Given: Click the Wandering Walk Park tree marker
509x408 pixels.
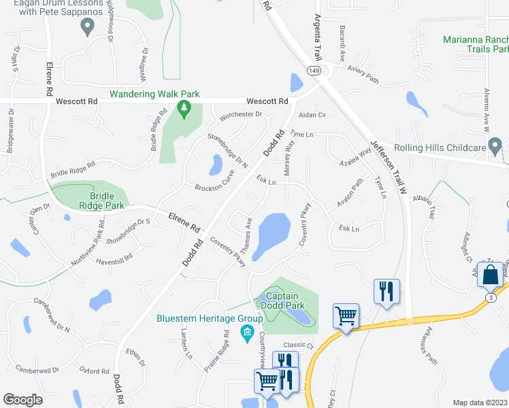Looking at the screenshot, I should click(182, 107).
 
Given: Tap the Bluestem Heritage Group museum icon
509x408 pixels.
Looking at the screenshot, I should click(247, 332).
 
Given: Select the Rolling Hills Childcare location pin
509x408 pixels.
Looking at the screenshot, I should click(495, 146).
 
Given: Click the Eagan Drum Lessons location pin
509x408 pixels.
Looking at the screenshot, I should click(87, 27).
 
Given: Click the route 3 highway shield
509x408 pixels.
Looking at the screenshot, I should click(490, 298).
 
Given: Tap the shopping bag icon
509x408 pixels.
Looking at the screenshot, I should click(490, 275).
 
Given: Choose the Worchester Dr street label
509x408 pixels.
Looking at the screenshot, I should click(240, 114).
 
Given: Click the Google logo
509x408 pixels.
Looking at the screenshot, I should click(23, 400).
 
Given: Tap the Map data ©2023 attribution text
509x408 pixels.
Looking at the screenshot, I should click(480, 403).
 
